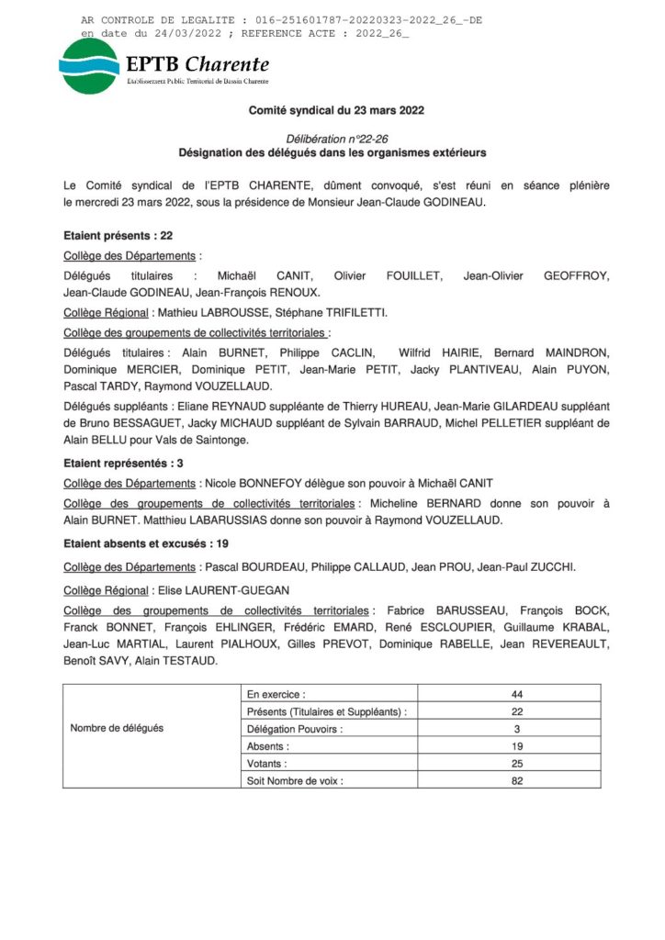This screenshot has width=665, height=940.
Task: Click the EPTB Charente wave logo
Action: click(x=88, y=65)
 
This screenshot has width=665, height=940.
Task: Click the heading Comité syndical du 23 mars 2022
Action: click(x=336, y=110)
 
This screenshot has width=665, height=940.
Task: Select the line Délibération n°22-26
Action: click(x=336, y=137)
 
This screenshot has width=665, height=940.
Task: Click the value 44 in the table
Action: click(x=516, y=694)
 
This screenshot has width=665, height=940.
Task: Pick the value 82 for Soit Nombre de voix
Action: click(x=516, y=780)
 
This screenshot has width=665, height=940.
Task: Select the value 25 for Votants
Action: click(x=516, y=763)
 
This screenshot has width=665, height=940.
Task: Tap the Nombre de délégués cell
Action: click(x=117, y=728)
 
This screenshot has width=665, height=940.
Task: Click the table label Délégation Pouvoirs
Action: click(x=295, y=729)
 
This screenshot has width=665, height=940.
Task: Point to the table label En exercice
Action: click(x=276, y=694)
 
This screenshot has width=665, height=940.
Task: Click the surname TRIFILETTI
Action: click(x=347, y=313)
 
